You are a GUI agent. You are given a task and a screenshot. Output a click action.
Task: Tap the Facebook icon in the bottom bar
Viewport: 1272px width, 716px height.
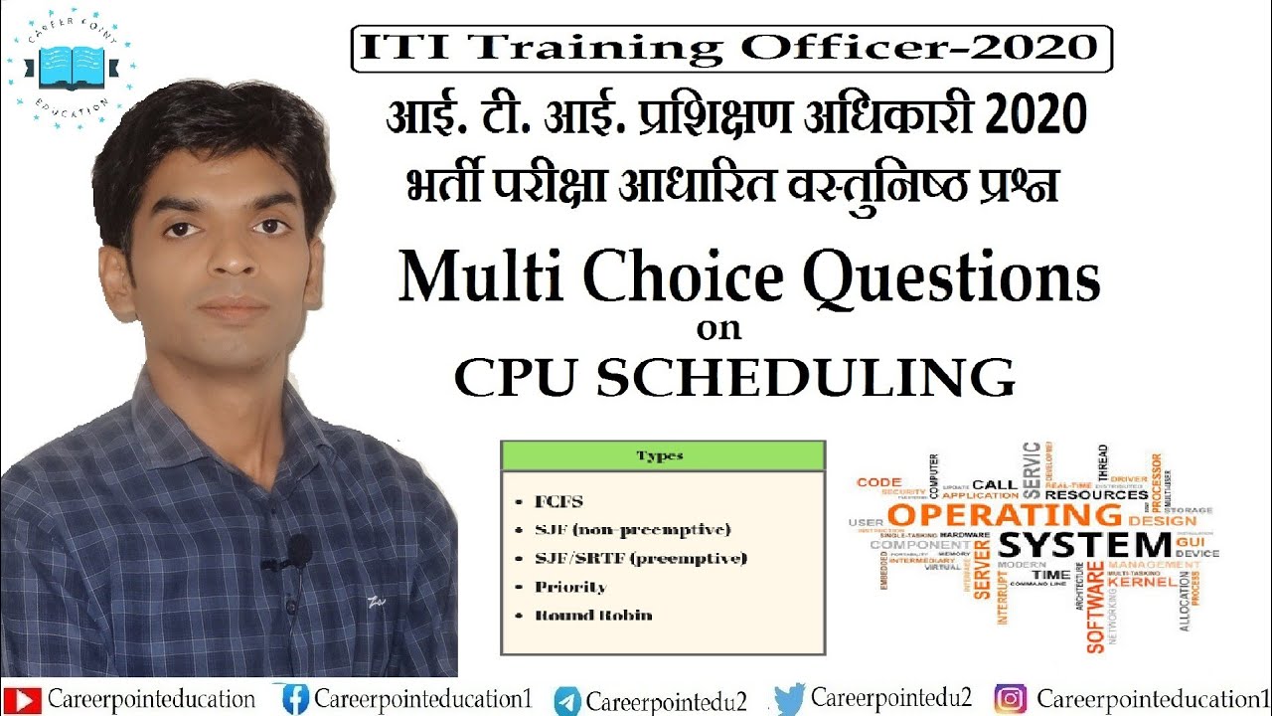pos(295,699)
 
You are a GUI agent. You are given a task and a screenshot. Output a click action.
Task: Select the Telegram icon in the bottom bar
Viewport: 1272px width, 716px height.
pos(567,700)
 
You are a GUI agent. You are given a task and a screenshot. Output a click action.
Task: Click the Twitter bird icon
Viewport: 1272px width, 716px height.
pos(790,699)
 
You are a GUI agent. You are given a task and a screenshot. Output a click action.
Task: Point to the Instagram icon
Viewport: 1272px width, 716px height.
pos(1011,699)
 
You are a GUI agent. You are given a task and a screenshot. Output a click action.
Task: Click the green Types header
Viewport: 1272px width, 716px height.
pos(663,455)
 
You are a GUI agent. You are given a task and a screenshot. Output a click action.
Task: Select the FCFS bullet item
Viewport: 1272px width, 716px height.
pos(559,501)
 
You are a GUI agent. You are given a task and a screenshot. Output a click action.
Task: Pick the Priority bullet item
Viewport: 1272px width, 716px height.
pos(570,587)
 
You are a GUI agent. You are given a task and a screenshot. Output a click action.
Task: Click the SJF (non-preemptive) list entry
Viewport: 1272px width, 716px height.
pos(633,529)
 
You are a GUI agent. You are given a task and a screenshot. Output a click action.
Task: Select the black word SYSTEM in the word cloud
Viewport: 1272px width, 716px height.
pos(1084,546)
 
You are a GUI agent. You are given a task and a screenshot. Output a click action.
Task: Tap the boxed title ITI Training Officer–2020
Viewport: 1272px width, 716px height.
pos(730,48)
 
